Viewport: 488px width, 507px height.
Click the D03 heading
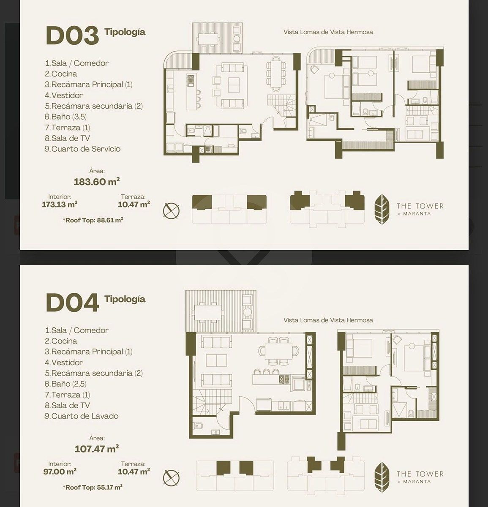[x=72, y=35]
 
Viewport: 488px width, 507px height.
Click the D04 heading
[x=72, y=303]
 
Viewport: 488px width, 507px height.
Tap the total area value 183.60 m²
[x=97, y=182]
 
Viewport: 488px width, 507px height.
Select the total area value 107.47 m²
[x=97, y=449]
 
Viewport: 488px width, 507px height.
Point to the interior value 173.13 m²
[x=60, y=204]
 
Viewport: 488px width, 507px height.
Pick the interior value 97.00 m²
[x=60, y=472]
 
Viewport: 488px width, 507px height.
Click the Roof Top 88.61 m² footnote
[x=93, y=220]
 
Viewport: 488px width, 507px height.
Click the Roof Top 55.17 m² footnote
[x=93, y=487]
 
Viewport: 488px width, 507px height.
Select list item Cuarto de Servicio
[x=82, y=149]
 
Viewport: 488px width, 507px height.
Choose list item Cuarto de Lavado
[x=82, y=416]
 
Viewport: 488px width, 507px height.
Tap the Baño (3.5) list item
[x=65, y=117]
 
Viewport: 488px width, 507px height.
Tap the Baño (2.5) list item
[x=65, y=384]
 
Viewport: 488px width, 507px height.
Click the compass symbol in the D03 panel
[x=171, y=210]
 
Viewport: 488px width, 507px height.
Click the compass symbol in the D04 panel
[x=171, y=478]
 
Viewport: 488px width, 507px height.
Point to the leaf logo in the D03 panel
[x=382, y=209]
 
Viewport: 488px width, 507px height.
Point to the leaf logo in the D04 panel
[x=382, y=477]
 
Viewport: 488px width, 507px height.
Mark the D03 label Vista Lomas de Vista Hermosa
[x=328, y=32]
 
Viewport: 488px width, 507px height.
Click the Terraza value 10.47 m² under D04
[x=134, y=472]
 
